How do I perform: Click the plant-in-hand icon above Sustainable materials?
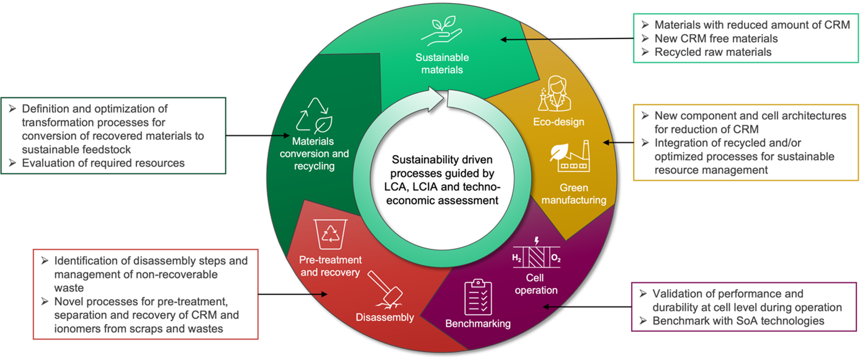(442, 30)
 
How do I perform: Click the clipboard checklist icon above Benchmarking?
(478, 297)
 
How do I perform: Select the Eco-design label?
(558, 122)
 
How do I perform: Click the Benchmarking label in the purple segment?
(478, 323)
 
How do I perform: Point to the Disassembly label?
(385, 318)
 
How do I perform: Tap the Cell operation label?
(537, 284)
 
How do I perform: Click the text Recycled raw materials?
(713, 52)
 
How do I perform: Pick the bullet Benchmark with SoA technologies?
(738, 321)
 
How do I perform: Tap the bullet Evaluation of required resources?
(103, 163)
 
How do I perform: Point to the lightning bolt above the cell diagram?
(537, 240)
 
